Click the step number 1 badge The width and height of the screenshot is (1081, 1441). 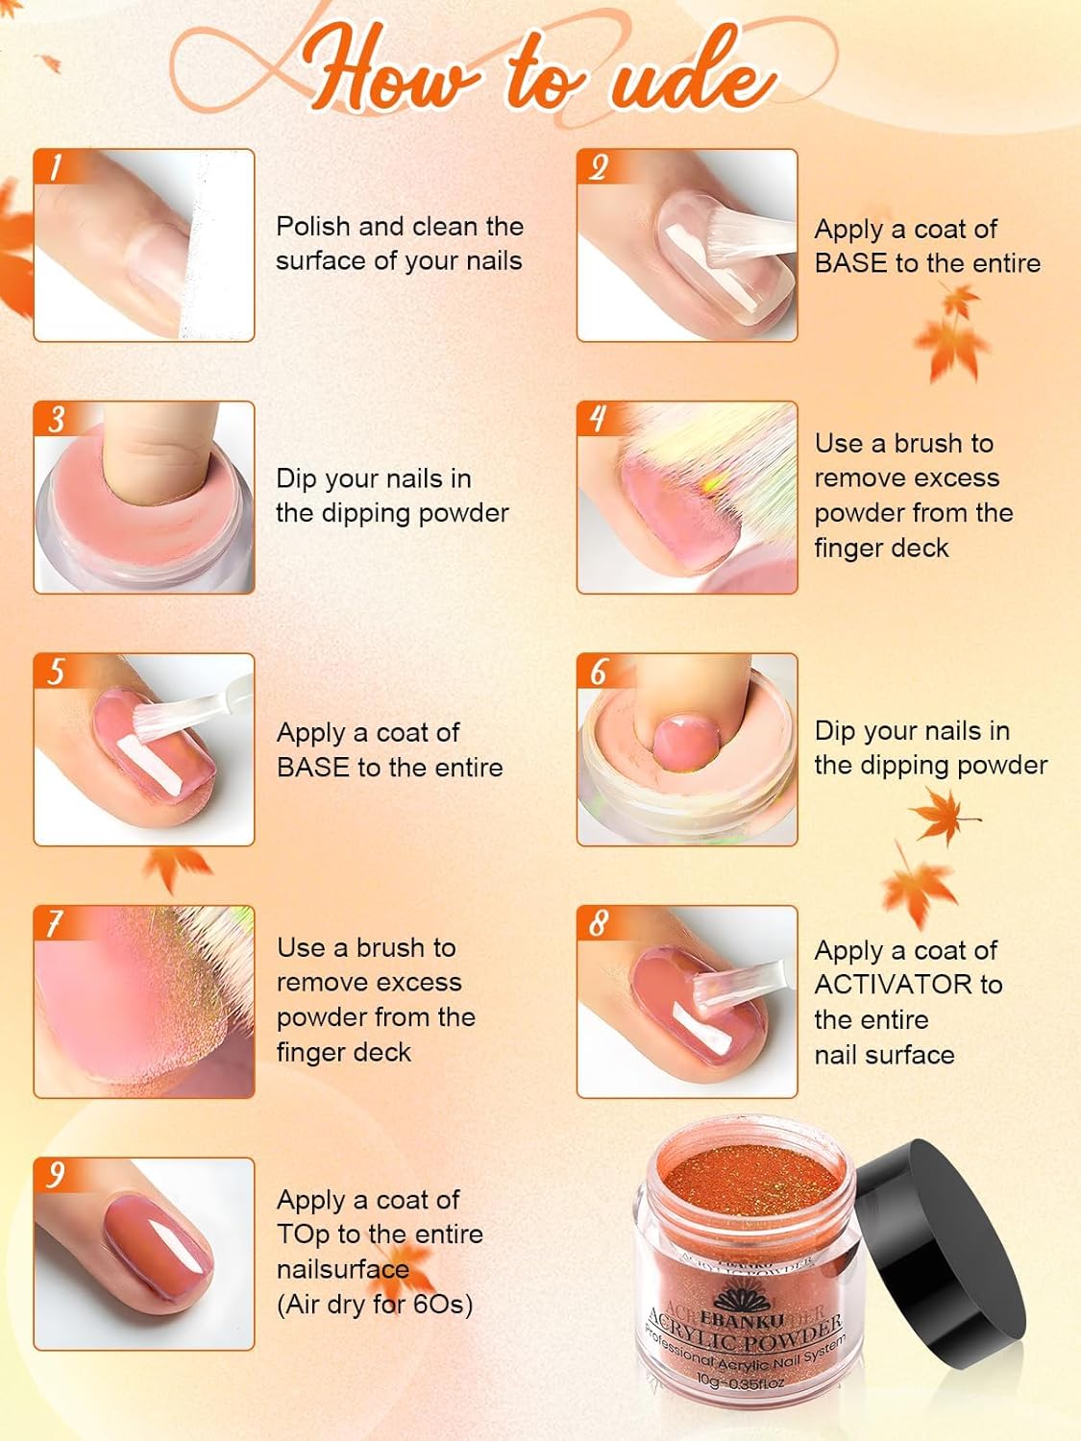(x=55, y=168)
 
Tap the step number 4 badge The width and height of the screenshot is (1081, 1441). (x=598, y=420)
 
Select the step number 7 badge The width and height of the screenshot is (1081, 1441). (x=55, y=924)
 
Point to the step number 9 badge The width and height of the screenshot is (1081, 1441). (x=57, y=1176)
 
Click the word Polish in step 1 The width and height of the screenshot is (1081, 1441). (x=313, y=227)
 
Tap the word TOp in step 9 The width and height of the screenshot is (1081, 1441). (x=303, y=1235)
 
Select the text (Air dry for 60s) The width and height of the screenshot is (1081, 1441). (x=375, y=1305)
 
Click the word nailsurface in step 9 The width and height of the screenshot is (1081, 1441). (x=343, y=1270)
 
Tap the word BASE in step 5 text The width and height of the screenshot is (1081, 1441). (x=312, y=768)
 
